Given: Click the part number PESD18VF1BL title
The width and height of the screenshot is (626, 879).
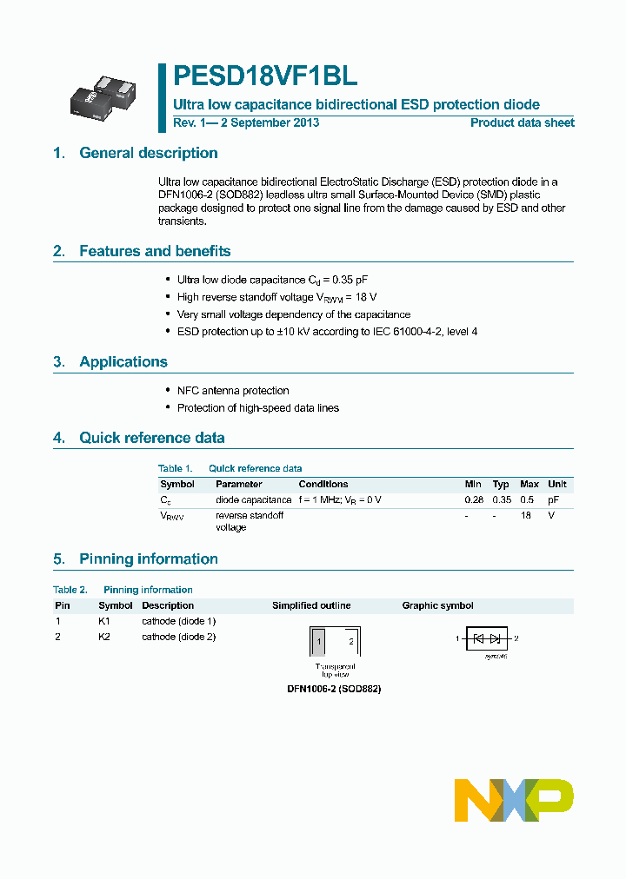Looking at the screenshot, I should [265, 76].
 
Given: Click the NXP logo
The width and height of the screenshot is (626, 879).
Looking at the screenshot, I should [514, 800].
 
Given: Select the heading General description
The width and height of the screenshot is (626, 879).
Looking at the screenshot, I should [148, 153].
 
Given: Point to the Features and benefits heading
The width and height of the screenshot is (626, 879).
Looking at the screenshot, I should [155, 251].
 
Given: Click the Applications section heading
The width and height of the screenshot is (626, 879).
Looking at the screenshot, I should [123, 361].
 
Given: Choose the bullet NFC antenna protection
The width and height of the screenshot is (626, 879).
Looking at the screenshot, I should [233, 391].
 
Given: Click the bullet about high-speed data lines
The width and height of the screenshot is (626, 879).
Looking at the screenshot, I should [257, 407].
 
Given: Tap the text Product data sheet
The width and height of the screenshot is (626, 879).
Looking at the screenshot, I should [522, 122].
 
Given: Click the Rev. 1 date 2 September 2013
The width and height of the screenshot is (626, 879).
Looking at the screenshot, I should [246, 122].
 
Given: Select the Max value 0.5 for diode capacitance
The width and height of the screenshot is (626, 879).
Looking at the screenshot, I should [528, 500].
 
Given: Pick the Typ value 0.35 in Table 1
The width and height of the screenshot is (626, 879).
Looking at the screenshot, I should [501, 500].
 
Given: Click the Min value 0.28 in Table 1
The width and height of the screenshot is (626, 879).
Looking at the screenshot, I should [473, 500].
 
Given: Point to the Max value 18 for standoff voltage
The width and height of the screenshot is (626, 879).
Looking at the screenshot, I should [526, 515].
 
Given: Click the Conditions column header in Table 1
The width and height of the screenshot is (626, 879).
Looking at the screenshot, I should [323, 484].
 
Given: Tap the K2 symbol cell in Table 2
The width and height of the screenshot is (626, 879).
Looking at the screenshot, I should [104, 637].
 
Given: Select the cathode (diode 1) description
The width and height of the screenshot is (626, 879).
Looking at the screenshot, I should [178, 621].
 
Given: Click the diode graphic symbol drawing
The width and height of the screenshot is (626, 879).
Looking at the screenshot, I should [487, 639].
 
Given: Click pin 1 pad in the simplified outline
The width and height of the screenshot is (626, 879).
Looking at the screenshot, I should [319, 642].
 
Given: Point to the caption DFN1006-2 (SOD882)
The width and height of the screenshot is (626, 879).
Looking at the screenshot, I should [334, 688].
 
